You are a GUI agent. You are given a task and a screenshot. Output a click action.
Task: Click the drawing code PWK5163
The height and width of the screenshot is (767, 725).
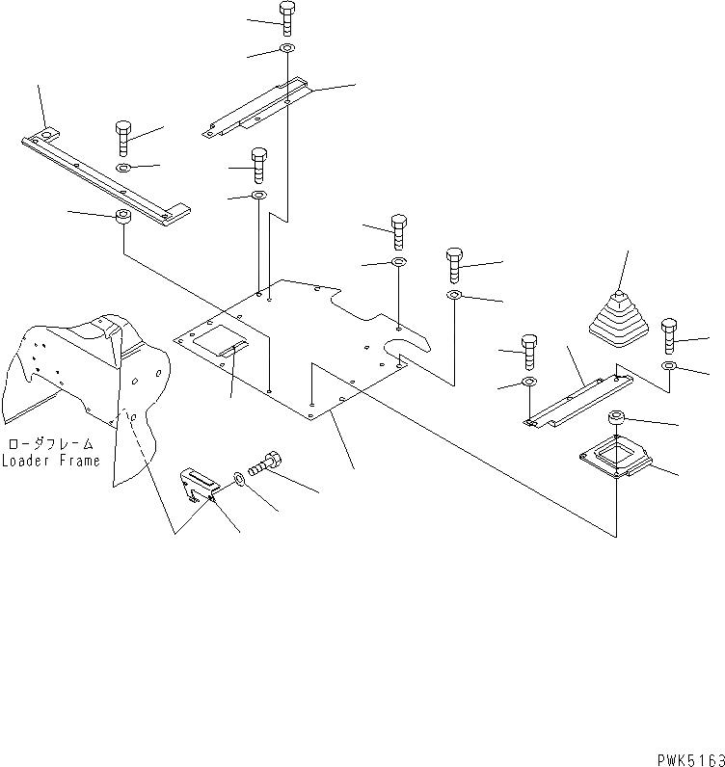pyautogui.click(x=686, y=758)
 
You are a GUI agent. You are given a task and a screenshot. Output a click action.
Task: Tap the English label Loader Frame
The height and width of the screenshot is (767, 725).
pyautogui.click(x=50, y=461)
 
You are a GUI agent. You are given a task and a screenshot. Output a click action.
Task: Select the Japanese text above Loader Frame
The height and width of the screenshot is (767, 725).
pyautogui.click(x=51, y=444)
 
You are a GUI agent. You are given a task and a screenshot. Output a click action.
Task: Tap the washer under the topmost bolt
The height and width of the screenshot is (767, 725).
pyautogui.click(x=288, y=48)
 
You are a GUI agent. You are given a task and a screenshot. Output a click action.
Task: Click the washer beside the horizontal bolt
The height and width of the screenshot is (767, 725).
pyautogui.click(x=238, y=477)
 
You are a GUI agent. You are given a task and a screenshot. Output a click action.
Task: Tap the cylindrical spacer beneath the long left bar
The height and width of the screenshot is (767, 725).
pyautogui.click(x=123, y=216)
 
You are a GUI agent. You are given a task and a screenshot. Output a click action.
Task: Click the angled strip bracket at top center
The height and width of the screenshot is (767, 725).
pyautogui.click(x=258, y=109)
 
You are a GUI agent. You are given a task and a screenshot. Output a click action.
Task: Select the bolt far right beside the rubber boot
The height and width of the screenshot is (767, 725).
pyautogui.click(x=671, y=337)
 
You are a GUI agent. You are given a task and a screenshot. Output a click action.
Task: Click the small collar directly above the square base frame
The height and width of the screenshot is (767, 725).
pyautogui.click(x=616, y=418)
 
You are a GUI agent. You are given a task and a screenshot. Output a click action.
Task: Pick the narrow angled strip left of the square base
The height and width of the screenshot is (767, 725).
pyautogui.click(x=577, y=398)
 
